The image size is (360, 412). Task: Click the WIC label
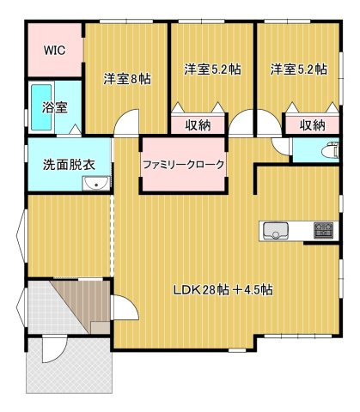(x=55, y=48)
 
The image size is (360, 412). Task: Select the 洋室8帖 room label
(x=127, y=78)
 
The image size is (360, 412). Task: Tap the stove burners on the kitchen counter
(x=325, y=230)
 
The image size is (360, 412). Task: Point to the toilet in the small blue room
(x=327, y=150)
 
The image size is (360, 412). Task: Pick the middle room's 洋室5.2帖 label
(x=211, y=69)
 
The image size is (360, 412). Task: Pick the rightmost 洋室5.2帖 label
(x=298, y=69)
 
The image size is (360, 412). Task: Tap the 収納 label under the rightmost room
(x=313, y=125)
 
